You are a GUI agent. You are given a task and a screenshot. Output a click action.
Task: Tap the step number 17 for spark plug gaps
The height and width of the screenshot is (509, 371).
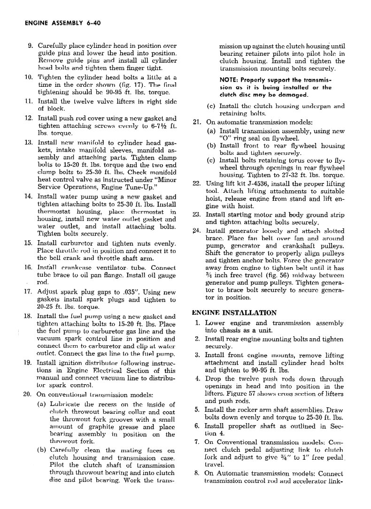tap(28, 292)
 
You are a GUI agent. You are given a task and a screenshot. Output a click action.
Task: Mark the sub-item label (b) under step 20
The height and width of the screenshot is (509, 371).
tap(41, 451)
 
